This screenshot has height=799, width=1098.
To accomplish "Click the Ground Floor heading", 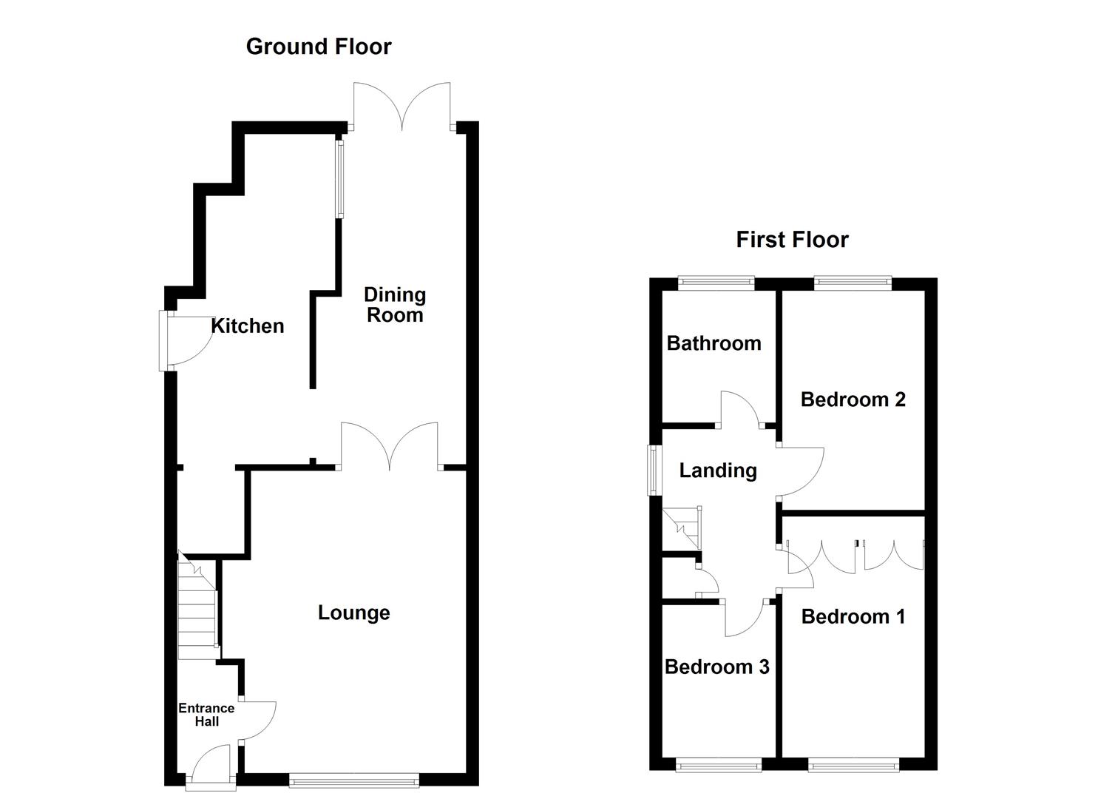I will pyautogui.click(x=318, y=47).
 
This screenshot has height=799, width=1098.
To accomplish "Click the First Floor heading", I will pyautogui.click(x=792, y=240).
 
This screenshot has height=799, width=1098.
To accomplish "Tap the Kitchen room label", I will pyautogui.click(x=248, y=326).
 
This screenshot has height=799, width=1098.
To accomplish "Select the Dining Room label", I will pyautogui.click(x=395, y=305).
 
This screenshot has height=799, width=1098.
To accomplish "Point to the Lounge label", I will pyautogui.click(x=353, y=613).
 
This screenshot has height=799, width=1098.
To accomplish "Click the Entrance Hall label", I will pyautogui.click(x=206, y=715).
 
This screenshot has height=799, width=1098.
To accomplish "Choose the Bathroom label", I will pyautogui.click(x=714, y=343).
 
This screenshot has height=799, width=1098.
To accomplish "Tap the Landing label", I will pyautogui.click(x=718, y=471).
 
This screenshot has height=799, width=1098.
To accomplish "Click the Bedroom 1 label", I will pyautogui.click(x=853, y=616).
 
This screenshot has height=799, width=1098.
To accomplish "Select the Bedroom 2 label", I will pyautogui.click(x=853, y=399).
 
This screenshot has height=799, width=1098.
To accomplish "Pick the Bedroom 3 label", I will pyautogui.click(x=717, y=667).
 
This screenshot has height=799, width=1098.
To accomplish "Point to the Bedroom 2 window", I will pyautogui.click(x=853, y=282).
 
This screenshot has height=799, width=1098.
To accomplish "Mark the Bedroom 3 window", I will pyautogui.click(x=719, y=764).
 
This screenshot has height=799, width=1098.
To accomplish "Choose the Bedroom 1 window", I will pyautogui.click(x=854, y=764).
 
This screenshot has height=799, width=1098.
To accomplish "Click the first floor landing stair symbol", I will pyautogui.click(x=682, y=528).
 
